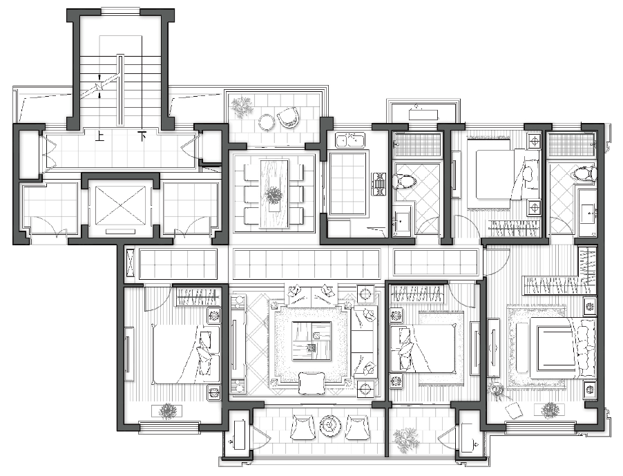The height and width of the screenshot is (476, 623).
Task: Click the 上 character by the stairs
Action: pos(99,137)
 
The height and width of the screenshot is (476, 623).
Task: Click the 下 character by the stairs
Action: pos(142,136)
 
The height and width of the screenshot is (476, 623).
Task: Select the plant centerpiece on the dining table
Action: pos(274,195)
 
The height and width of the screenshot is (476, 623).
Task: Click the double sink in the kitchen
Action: pos(349,140)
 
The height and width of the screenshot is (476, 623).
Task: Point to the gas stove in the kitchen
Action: pos(379,184)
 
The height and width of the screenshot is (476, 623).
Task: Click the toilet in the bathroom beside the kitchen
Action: pos(405,182)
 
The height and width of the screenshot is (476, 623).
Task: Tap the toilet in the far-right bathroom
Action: pos(585,174)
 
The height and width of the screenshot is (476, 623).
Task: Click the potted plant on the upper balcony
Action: pos(242,106)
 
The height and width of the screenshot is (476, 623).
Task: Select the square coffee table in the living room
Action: pos(311,341)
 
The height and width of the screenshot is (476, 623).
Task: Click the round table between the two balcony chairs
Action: pos(330,426)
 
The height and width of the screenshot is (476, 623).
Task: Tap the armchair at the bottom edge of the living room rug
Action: pos(311,383)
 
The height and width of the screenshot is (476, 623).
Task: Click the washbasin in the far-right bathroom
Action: pos(587,213)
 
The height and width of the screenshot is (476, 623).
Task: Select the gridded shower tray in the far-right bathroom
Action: pos(571,144)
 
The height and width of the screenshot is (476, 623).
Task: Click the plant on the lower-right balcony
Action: pos(405,441)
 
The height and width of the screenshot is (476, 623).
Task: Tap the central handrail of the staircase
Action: pos(119,91)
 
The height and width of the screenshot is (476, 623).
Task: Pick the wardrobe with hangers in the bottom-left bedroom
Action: pos(197,296)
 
